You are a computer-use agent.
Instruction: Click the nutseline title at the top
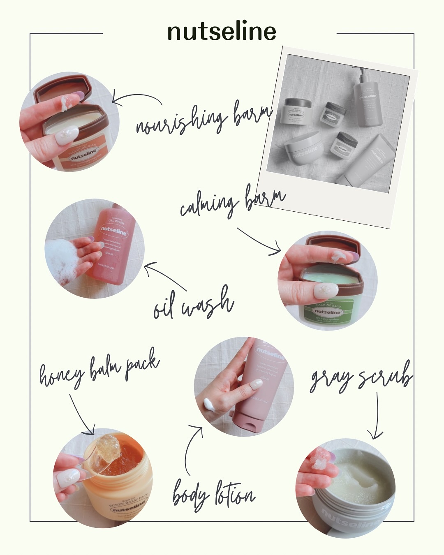[x=222, y=32]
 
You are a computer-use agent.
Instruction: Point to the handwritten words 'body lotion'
[x=213, y=495]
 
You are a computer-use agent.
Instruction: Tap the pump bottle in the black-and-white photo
[x=367, y=101]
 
